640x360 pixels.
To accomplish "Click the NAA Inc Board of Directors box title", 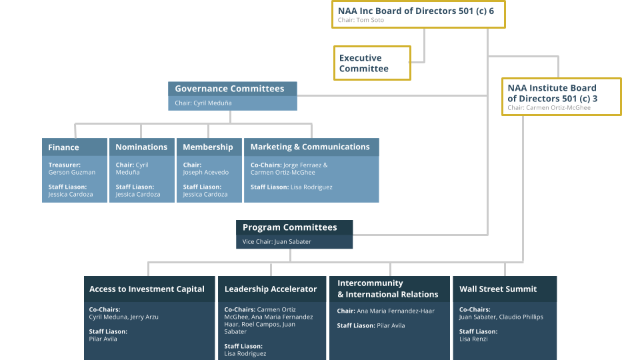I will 417,10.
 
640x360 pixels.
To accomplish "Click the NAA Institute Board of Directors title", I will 552,93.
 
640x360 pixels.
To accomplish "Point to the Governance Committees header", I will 229,89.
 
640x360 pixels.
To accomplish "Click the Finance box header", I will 64,147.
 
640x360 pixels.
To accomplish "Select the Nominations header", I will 141,147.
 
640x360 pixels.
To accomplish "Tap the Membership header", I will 208,147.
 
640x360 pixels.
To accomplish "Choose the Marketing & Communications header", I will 310,147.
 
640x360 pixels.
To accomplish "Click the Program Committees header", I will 290,227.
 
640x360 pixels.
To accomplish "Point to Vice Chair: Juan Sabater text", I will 277,241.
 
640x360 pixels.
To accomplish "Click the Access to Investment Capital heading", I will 147,289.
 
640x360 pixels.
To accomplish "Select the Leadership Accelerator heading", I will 271,289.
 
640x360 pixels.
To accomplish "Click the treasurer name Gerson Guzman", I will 72,172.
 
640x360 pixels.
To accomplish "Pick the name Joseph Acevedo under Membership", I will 206,172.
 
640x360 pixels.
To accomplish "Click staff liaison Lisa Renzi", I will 473,339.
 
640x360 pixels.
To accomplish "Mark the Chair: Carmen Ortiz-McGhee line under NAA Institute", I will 549,107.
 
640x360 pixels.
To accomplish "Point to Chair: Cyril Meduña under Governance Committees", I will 203,103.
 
